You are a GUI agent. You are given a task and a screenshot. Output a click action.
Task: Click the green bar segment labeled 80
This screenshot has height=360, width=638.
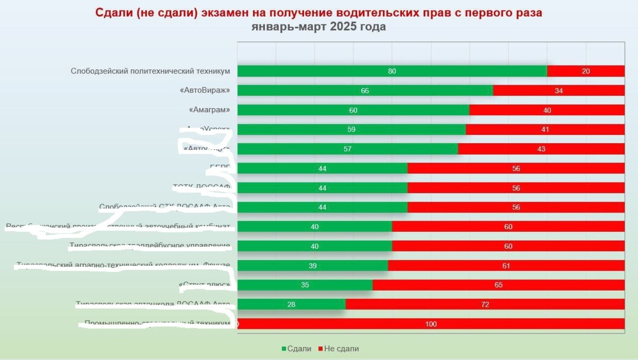point(392,71)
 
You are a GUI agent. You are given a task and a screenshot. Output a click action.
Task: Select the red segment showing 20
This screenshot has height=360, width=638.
point(586,71)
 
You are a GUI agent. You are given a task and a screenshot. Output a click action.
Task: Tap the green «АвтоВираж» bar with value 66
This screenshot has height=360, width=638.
point(364,90)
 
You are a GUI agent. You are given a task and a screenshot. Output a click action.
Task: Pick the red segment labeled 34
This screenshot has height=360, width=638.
point(559,90)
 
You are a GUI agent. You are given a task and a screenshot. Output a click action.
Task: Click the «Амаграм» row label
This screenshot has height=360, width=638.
point(209,110)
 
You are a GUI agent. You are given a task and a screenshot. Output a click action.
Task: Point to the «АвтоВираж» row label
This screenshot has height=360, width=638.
point(205,90)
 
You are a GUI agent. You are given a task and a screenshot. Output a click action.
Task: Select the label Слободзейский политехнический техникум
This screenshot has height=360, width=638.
point(150,71)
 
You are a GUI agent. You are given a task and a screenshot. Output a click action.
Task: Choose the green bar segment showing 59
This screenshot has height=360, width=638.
point(351,129)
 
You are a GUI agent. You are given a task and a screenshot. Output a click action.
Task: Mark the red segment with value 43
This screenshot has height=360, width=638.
point(541,149)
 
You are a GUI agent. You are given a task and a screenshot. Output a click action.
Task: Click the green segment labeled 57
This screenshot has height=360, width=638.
point(347,149)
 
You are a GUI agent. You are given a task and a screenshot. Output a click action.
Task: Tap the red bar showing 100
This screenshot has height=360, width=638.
point(431,324)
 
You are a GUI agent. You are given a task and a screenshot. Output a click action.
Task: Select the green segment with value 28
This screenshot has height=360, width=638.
point(291,305)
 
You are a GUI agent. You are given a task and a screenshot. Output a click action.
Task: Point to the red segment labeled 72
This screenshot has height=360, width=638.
point(485,305)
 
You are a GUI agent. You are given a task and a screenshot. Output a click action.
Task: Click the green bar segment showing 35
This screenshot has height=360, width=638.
point(305,285)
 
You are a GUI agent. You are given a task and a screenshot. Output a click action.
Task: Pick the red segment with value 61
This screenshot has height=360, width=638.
point(506,266)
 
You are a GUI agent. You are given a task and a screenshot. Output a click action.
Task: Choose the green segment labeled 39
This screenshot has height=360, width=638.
point(312,266)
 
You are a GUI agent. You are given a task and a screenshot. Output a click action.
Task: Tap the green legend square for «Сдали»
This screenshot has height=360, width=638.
point(284,349)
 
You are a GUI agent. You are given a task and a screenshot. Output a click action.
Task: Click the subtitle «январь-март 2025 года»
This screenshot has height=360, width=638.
point(318,27)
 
